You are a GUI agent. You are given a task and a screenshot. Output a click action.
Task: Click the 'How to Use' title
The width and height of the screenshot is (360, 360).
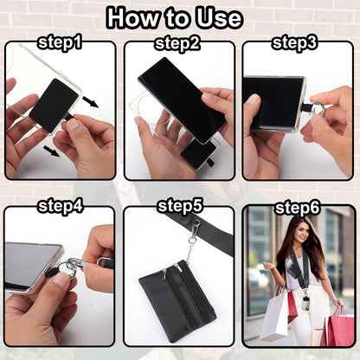coord(179,17)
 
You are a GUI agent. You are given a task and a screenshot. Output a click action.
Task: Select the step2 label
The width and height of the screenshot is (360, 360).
coord(179,42)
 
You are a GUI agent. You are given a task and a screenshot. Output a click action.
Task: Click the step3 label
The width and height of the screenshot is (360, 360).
coord(297,42)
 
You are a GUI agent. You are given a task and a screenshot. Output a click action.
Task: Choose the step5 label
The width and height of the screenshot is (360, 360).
coord(179,207)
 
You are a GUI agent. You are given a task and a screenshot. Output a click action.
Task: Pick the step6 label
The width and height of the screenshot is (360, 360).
coord(297,207)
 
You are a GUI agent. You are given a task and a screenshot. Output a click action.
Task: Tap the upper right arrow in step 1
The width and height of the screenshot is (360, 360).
coord(90,102)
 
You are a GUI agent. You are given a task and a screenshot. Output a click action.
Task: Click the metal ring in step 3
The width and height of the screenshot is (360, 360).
coord(318,110)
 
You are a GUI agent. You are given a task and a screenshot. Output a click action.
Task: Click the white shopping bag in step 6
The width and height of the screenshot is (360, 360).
coord(275,314)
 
